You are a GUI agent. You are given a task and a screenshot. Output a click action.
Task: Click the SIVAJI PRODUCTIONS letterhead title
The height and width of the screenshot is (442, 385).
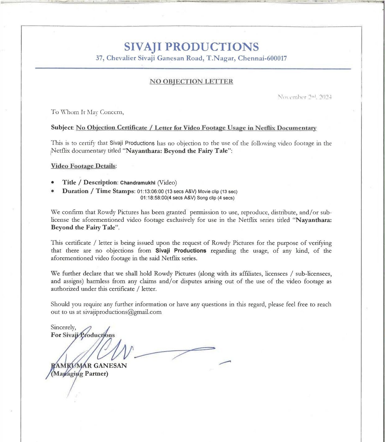click(x=191, y=47)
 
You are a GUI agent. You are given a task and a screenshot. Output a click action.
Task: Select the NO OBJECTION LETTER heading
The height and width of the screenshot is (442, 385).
click(x=191, y=81)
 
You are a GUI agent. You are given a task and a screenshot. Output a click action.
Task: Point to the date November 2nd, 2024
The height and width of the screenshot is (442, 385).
click(x=304, y=97)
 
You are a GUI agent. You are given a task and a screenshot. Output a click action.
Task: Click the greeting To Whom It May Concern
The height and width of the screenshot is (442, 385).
click(x=87, y=112)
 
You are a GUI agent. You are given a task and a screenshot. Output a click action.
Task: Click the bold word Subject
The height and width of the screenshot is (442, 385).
click(x=62, y=128)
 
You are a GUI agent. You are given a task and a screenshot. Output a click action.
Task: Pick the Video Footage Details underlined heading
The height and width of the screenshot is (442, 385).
click(x=83, y=166)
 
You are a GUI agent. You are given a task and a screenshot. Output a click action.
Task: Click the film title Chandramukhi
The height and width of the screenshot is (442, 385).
click(x=138, y=183)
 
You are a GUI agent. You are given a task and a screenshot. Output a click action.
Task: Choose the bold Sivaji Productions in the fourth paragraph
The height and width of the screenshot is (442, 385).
click(x=181, y=251)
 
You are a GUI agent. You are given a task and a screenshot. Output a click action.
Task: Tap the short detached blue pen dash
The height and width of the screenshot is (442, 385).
click(x=225, y=362)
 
